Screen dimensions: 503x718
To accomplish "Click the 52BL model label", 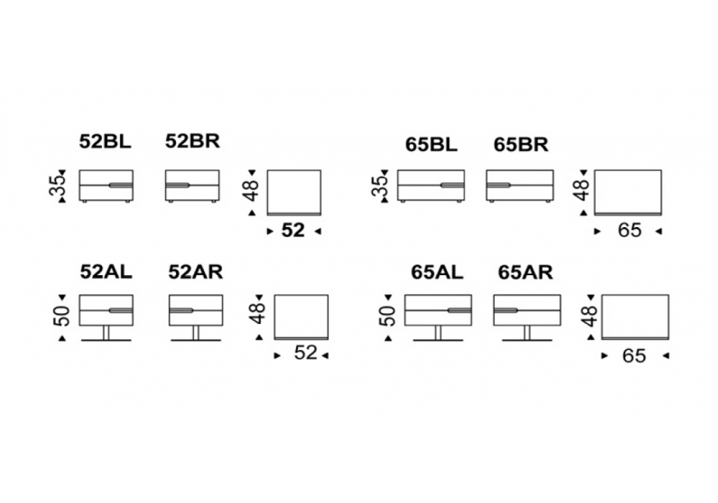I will click(106, 142).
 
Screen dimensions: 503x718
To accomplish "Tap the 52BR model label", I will click(192, 141).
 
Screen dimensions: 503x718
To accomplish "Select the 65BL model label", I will click(431, 144).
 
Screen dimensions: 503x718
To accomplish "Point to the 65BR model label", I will click(521, 144).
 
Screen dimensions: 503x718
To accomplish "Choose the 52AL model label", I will click(106, 272).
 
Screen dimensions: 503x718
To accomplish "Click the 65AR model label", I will click(525, 272).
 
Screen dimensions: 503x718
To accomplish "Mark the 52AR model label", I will click(195, 272).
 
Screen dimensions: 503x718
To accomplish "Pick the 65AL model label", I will click(437, 272).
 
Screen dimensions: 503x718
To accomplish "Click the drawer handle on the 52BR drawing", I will click(177, 185).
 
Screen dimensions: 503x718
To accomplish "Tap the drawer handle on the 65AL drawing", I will click(459, 311).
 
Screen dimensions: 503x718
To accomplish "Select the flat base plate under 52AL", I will click(106, 340).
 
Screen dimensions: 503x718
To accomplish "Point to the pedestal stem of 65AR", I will click(527, 332).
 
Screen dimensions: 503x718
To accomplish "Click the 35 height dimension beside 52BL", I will click(62, 185).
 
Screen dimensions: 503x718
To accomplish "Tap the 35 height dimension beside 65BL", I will click(382, 185).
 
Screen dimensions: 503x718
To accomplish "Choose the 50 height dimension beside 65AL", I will click(388, 315).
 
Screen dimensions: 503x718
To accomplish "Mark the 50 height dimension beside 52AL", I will click(62, 315).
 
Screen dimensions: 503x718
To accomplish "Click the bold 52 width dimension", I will click(294, 231).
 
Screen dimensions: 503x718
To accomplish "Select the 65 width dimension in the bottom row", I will click(634, 356).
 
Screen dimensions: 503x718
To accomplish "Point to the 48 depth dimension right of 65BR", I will click(582, 190).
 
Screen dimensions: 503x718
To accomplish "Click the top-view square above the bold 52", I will click(294, 192).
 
